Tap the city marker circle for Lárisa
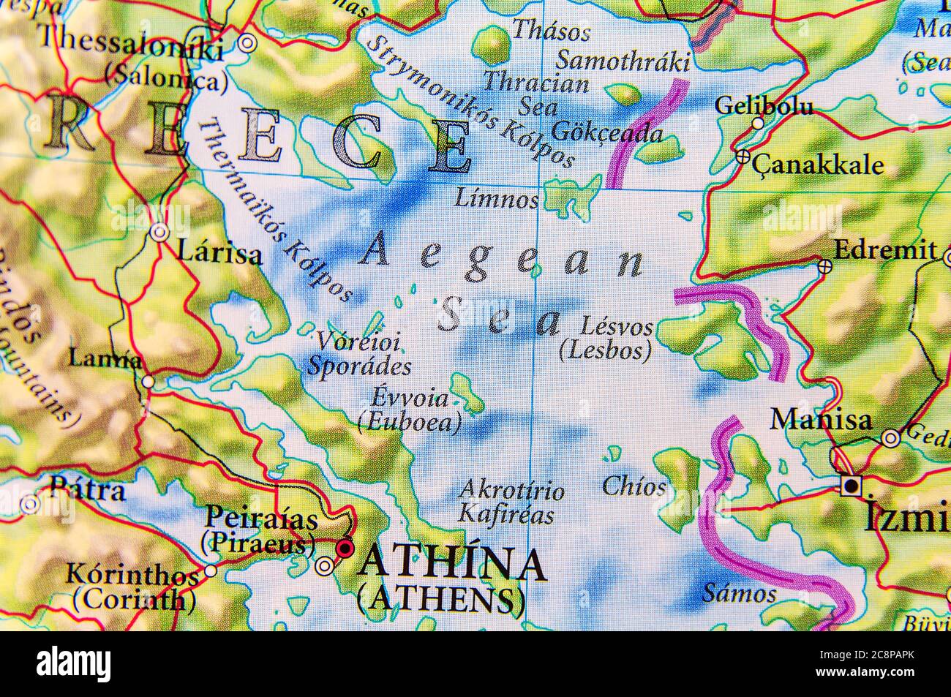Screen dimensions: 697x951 tap(159, 233)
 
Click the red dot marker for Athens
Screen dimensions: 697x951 tap(345, 548)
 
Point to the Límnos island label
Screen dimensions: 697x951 tap(496, 198)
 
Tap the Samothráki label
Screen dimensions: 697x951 tap(623, 59)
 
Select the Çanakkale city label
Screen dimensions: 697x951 tap(818, 165)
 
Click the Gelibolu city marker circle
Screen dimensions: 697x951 tap(758, 124)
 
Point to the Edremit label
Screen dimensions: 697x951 tap(885, 250)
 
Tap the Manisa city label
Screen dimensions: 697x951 tap(821, 421)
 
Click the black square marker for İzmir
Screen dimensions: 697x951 tap(851, 486)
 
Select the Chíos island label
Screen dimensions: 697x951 tap(634, 486)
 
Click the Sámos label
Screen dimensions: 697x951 tap(739, 592)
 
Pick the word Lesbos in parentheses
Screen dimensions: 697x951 tap(605, 351)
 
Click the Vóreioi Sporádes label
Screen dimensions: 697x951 tap(359, 353)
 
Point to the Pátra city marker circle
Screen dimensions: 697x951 tap(29, 504)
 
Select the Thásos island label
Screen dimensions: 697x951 tap(551, 31)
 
